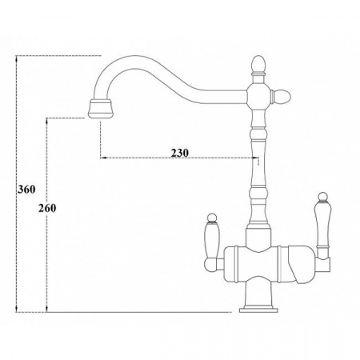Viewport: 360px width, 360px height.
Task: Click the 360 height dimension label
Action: pos(26,190)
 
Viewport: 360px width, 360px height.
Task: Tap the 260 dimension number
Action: pos(47,208)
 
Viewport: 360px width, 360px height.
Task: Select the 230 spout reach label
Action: pos(179,153)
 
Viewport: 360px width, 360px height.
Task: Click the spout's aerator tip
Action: pos(100,109)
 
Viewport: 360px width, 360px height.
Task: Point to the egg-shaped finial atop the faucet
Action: pos(258,64)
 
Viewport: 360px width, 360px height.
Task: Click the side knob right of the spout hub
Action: pos(281,96)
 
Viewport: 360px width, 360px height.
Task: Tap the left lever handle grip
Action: pos(213,240)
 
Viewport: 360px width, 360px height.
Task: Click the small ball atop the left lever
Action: pos(212,218)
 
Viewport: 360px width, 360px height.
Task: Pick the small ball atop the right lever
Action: pos(323,197)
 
